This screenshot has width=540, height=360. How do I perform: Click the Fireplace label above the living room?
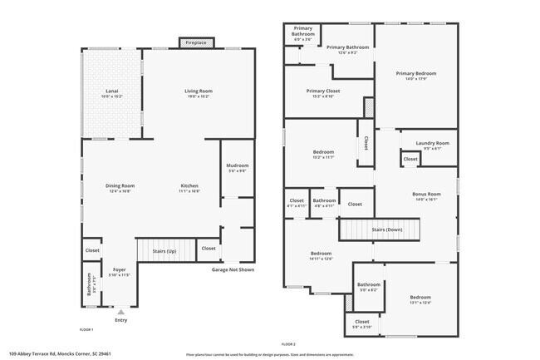(196, 42)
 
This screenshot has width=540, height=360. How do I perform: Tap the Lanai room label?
(111, 93)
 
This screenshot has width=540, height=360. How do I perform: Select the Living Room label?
(199, 93)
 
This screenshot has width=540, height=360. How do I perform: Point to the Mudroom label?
(238, 168)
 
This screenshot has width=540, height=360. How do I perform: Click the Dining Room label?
(120, 188)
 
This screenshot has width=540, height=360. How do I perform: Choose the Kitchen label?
(189, 188)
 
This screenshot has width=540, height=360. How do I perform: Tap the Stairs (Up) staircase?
(165, 250)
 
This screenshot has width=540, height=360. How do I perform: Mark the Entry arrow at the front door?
(120, 312)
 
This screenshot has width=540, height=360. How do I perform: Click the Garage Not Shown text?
(233, 269)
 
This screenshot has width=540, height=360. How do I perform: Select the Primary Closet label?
(323, 93)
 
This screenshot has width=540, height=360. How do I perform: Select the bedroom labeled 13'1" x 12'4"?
(420, 299)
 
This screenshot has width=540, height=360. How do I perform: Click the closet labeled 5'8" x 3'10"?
(362, 324)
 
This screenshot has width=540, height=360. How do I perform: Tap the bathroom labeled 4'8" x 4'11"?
(324, 203)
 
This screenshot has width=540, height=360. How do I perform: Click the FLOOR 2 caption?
(288, 343)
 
